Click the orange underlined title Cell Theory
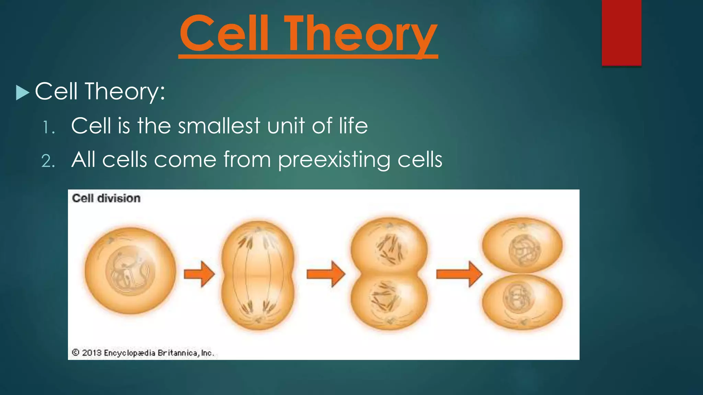click(x=308, y=34)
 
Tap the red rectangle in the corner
click(x=621, y=33)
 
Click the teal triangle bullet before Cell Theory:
click(x=22, y=93)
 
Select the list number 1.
click(x=48, y=128)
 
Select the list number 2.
click(x=48, y=161)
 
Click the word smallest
click(x=219, y=125)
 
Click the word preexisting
click(x=333, y=160)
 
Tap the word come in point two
click(x=185, y=160)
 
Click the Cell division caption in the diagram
click(x=106, y=198)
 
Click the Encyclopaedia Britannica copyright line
click(x=143, y=353)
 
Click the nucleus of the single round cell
click(x=130, y=271)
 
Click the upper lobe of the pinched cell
click(x=389, y=245)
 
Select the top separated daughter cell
click(x=522, y=245)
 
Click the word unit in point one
click(x=286, y=125)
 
